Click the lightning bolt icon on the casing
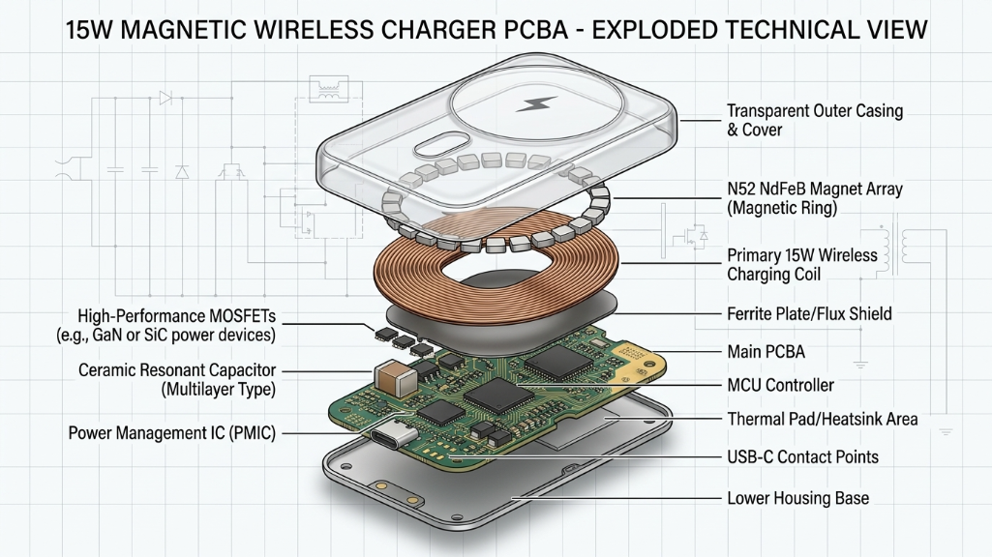point(533,103)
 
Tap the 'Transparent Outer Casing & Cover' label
point(814,120)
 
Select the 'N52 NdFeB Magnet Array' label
point(814,198)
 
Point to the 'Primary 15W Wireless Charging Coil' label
point(801,265)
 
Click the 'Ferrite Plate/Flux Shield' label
point(808,313)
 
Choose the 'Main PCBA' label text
point(765,351)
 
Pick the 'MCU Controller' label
point(779,386)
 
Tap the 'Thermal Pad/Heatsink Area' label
point(822,420)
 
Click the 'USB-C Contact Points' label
point(802,456)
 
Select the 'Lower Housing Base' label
point(797,499)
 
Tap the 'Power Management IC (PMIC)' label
point(172,433)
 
